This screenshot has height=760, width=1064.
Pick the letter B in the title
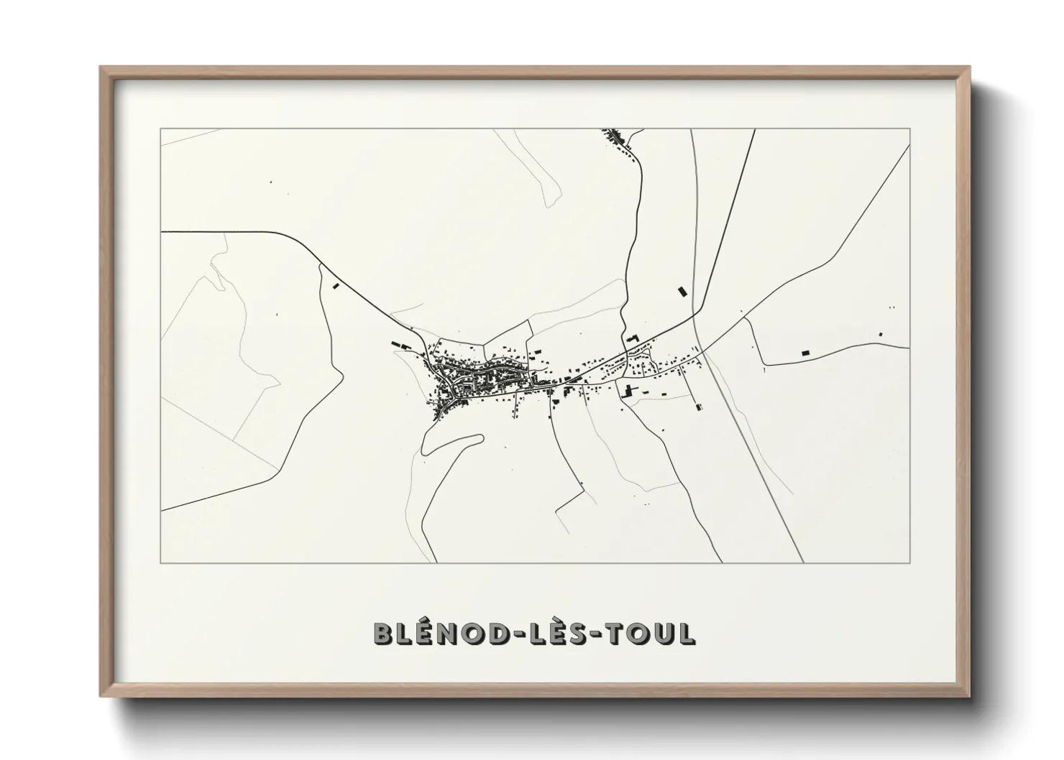[x=383, y=634]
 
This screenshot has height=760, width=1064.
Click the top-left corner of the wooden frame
[x=101, y=68]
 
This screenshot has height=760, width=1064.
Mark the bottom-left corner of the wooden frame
[x=101, y=696]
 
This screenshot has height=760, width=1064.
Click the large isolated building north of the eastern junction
[x=682, y=292]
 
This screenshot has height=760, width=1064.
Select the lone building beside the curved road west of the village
[x=335, y=286]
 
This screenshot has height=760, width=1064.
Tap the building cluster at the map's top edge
[x=615, y=136]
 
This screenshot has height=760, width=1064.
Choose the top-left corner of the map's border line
[x=160, y=129]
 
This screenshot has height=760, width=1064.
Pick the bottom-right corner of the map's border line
[x=910, y=563]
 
